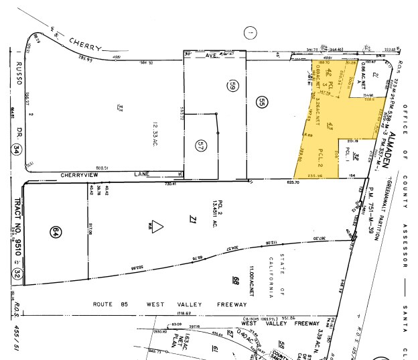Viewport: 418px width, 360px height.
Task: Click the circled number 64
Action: click(56, 232)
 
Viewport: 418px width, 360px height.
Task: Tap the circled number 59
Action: click(233, 86)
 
